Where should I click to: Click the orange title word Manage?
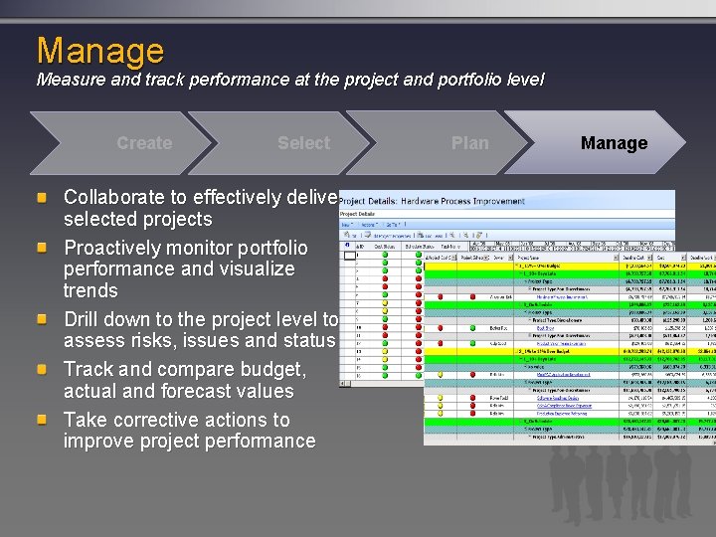(x=100, y=50)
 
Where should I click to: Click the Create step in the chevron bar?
(x=144, y=143)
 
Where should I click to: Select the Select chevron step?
(x=303, y=143)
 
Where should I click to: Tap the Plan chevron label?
(x=469, y=143)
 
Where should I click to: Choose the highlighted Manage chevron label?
(x=614, y=143)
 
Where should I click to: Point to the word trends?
(x=90, y=291)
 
